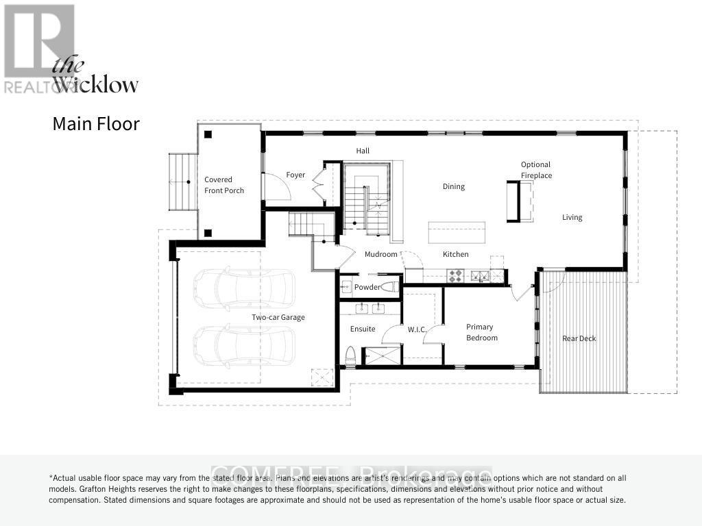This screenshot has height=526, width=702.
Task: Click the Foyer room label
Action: tap(295, 175)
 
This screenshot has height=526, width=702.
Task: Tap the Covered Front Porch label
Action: tap(223, 185)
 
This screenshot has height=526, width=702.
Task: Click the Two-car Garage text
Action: tap(278, 317)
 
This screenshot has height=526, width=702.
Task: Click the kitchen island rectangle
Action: tap(457, 232)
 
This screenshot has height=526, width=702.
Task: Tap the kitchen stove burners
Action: tap(456, 276)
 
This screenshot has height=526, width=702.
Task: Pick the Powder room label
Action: tap(367, 287)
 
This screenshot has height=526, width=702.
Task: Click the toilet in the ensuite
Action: tap(350, 354)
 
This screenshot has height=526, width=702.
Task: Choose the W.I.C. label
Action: tap(417, 329)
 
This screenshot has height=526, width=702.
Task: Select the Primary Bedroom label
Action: tap(481, 332)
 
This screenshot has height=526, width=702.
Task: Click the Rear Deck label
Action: tap(579, 338)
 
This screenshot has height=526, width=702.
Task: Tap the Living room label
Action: tap(572, 217)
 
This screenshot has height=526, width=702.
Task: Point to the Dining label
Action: tap(453, 186)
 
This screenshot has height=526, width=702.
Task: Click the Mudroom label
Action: tap(380, 254)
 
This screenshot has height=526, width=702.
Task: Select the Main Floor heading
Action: tap(96, 124)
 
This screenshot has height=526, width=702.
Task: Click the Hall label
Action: tap(363, 150)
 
